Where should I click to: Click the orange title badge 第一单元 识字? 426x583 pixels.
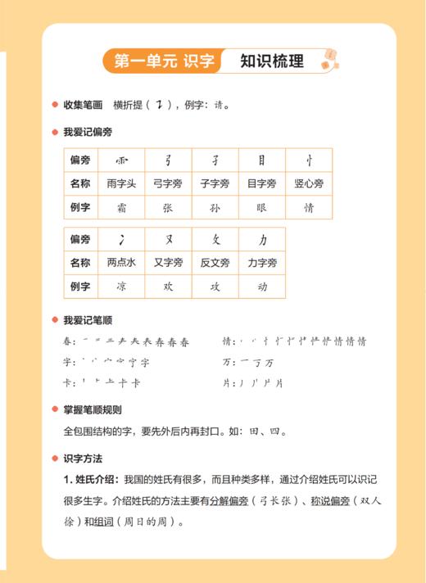pyautogui.click(x=164, y=61)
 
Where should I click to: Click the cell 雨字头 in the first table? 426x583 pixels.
pyautogui.click(x=121, y=183)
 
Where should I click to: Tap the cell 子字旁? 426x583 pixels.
pyautogui.click(x=215, y=183)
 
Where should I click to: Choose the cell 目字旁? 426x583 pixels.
pyautogui.click(x=262, y=183)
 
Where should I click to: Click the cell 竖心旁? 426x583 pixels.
pyautogui.click(x=309, y=183)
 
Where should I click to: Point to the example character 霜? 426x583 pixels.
pyautogui.click(x=121, y=207)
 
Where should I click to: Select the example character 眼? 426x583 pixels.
pyautogui.click(x=262, y=207)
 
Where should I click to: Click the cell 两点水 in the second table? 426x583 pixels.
pyautogui.click(x=121, y=263)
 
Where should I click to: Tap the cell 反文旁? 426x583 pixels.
pyautogui.click(x=215, y=263)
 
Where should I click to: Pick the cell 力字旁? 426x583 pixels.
pyautogui.click(x=262, y=263)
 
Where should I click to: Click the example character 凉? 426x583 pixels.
pyautogui.click(x=121, y=287)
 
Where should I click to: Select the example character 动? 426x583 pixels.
pyautogui.click(x=262, y=287)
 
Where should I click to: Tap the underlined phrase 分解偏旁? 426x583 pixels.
pyautogui.click(x=228, y=501)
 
